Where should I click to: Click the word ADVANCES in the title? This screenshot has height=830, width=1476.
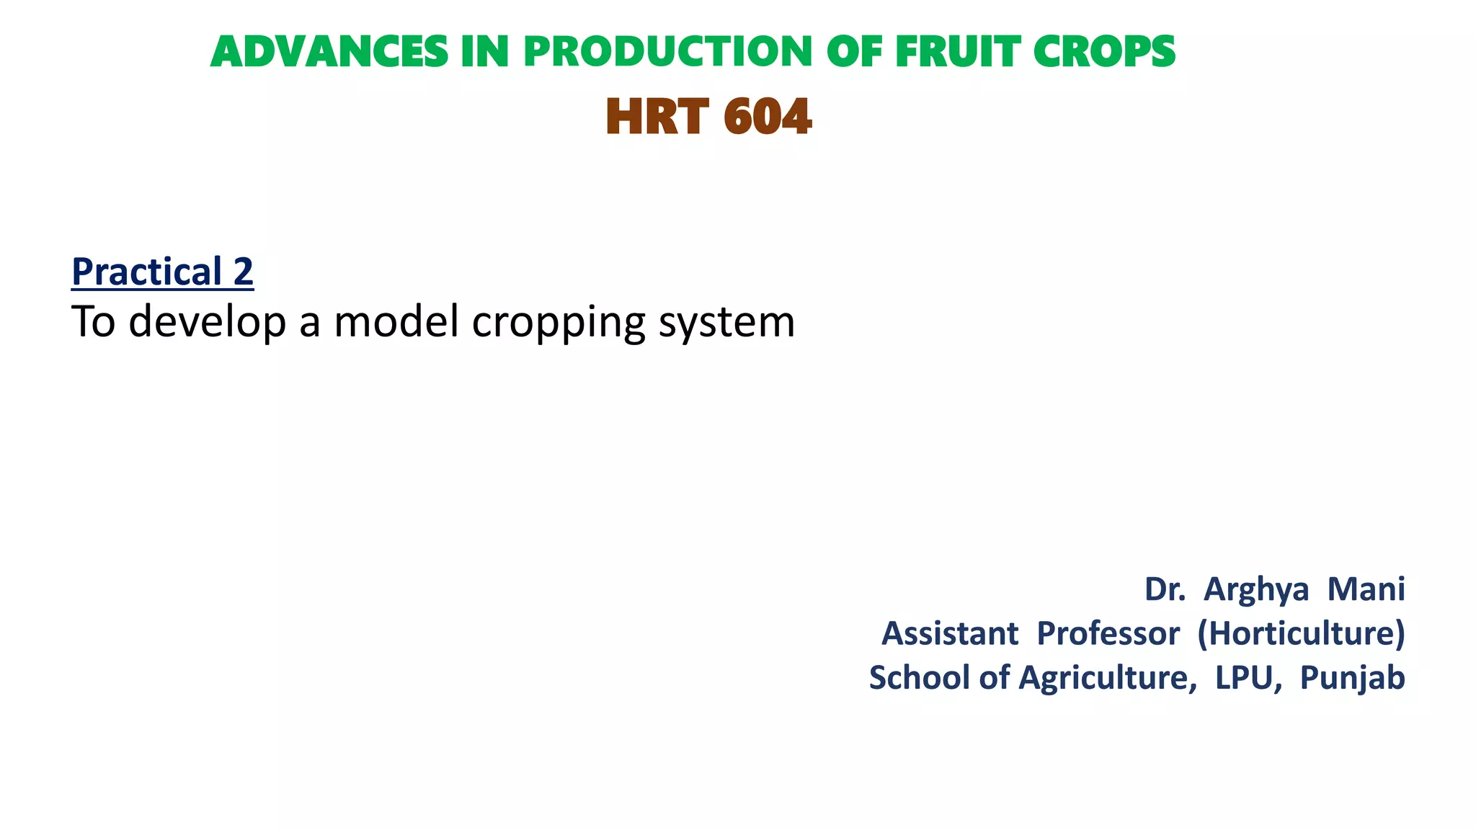coord(329,53)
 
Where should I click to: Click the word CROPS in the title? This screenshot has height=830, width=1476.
coord(1104,53)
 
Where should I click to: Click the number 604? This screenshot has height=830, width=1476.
coord(768,117)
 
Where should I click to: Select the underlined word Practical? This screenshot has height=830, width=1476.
coord(146,272)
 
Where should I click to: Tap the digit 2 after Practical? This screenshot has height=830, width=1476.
coord(244,272)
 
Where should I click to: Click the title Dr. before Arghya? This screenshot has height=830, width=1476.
coord(1164,589)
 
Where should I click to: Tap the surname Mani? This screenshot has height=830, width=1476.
coord(1366,589)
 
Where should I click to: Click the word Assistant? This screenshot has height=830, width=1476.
coord(950,634)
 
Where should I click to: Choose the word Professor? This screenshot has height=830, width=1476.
coord(1108,634)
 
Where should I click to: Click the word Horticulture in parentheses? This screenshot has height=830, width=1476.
coord(1302,634)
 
